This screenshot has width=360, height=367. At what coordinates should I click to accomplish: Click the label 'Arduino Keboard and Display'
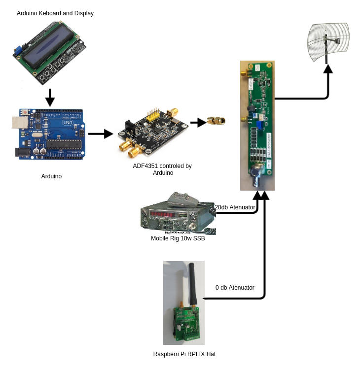55,13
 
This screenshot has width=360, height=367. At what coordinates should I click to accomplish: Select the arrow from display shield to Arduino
50,97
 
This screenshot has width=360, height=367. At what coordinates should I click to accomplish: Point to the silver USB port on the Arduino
19,123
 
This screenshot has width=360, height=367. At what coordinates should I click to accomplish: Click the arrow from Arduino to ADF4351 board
100,133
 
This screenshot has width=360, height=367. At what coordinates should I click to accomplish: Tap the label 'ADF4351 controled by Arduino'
162,169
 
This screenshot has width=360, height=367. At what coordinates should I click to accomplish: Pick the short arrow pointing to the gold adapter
198,122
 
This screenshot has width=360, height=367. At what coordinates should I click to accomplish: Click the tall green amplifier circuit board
257,125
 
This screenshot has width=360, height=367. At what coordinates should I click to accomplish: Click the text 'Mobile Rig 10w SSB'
178,238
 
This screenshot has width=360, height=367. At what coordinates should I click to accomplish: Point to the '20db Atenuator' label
235,207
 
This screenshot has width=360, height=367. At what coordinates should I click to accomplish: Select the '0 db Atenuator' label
235,288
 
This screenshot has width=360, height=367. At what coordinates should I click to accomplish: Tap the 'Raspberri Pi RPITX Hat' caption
184,354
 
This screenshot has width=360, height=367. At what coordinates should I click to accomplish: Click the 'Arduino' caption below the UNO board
51,176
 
